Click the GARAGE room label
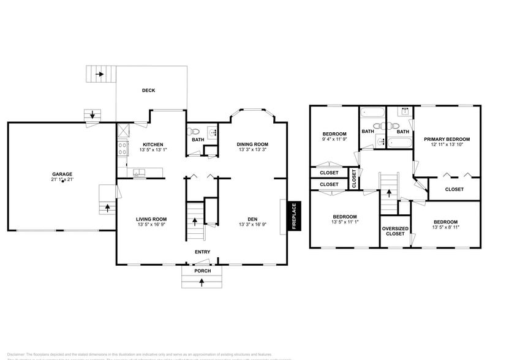click(x=62, y=174)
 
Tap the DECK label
click(x=149, y=91)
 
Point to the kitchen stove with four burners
click(x=122, y=148)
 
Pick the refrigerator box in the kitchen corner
click(x=123, y=130)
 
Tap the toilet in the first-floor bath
click(x=194, y=131)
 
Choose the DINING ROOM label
click(x=252, y=144)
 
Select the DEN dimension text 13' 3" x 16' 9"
click(x=252, y=225)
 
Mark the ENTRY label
click(x=203, y=252)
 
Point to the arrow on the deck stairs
click(x=99, y=75)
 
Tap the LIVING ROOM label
click(x=151, y=219)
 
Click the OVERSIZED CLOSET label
click(x=395, y=231)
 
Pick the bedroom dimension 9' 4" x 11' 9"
click(x=334, y=140)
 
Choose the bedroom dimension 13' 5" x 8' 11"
click(x=445, y=227)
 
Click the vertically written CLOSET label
click(x=354, y=178)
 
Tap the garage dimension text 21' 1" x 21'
click(x=62, y=180)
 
